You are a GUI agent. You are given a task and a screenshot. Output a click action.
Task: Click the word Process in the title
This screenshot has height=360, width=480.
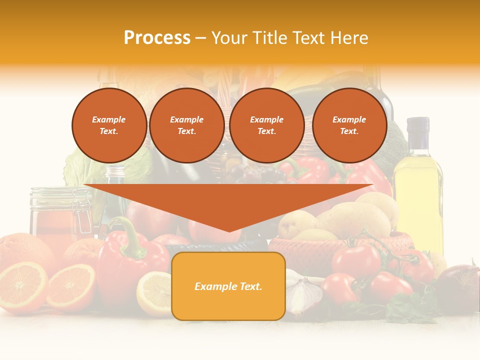157,37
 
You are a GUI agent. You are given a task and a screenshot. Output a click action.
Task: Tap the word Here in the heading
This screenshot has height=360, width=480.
348,37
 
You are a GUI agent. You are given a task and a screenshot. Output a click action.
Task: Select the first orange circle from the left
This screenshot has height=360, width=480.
109,125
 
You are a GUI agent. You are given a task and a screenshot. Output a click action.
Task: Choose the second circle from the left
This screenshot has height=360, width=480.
186,125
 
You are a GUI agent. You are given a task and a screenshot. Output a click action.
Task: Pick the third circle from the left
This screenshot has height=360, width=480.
266,125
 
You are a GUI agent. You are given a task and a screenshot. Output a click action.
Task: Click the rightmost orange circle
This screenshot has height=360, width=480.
349,125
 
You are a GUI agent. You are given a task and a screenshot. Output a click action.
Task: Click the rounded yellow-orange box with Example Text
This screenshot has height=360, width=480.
228,286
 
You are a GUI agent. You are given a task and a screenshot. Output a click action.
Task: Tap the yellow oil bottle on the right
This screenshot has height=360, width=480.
418,200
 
